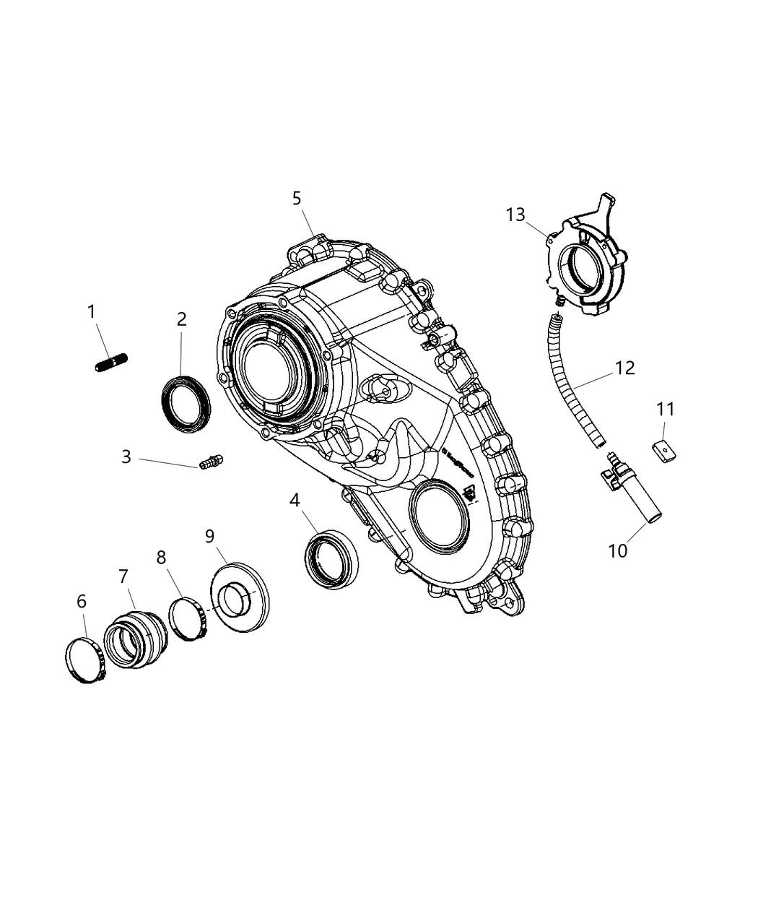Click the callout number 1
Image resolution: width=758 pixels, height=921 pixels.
click(x=91, y=312)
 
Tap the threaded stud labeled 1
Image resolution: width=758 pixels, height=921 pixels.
click(x=110, y=362)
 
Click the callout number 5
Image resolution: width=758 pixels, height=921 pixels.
click(x=297, y=199)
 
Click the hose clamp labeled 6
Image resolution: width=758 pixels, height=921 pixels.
click(x=85, y=660)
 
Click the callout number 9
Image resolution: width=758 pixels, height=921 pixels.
click(x=209, y=536)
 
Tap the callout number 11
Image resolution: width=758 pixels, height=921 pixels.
click(x=665, y=410)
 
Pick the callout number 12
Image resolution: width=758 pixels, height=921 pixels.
click(x=624, y=368)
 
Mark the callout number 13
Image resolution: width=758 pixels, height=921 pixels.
click(x=515, y=215)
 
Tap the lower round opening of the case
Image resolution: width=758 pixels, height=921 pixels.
click(x=440, y=517)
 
